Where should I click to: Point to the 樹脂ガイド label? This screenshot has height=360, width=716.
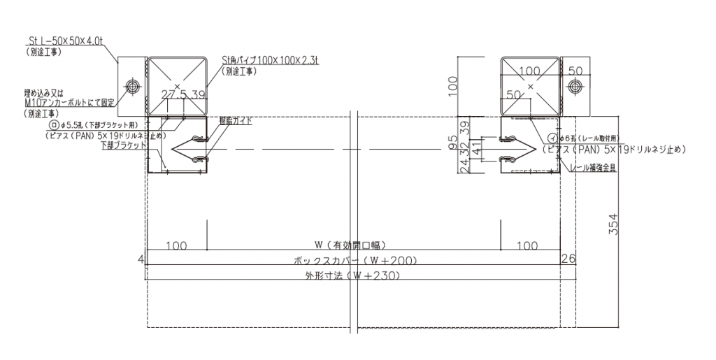pos(235,121)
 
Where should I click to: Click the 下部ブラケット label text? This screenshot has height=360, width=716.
pos(123,145)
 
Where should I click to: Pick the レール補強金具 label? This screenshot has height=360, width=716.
pos(594,168)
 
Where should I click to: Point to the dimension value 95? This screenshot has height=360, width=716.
pos(452,144)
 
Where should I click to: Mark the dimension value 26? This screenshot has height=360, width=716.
pos(568,259)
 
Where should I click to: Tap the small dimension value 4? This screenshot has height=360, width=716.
pos(141,259)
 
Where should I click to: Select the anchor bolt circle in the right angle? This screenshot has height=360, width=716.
pos(575,86)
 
